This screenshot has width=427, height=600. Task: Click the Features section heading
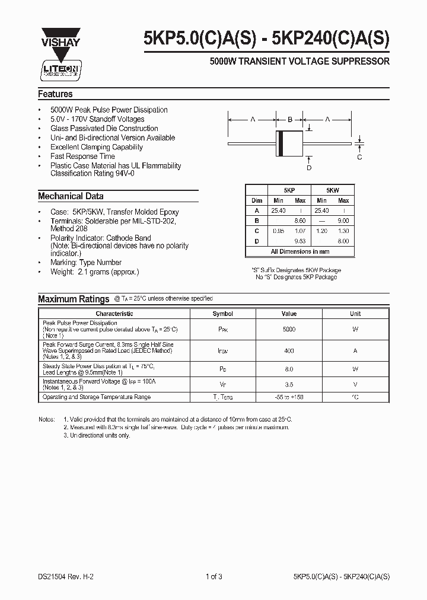(55, 94)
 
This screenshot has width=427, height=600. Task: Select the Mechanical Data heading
(71, 196)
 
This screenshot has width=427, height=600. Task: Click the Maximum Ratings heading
(74, 299)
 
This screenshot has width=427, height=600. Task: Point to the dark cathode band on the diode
(281, 143)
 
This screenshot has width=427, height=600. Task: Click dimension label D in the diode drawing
(308, 168)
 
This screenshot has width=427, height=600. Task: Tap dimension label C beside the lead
(359, 157)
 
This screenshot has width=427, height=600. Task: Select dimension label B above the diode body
(290, 120)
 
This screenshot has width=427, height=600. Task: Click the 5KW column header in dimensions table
(333, 190)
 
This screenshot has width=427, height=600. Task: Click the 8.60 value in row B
(300, 220)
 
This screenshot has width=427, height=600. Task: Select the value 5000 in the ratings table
(289, 329)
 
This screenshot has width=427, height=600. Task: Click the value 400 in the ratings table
(289, 351)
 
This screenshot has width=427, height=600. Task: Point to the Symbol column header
(223, 314)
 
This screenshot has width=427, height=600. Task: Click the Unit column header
(355, 314)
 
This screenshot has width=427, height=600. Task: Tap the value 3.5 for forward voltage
(289, 384)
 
